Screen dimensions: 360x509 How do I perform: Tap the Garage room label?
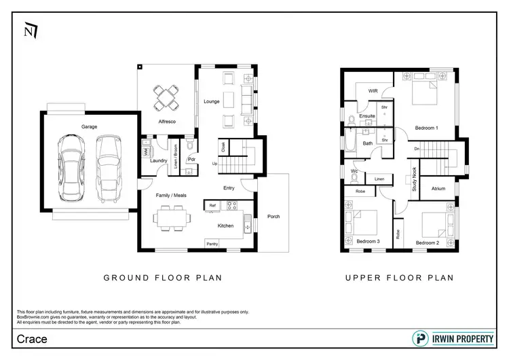[x=90, y=126]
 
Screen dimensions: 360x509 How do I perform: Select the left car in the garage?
[x=72, y=166]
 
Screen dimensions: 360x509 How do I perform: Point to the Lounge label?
[x=210, y=101]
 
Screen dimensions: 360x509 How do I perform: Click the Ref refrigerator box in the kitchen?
[x=212, y=205]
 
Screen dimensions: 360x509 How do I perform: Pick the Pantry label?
[x=212, y=243]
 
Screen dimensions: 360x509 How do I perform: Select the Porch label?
[x=274, y=217]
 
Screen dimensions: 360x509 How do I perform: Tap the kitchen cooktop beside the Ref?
[x=231, y=205]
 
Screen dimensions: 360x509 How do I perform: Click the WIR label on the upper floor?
[x=373, y=90]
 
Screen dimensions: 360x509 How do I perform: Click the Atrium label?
[x=438, y=188]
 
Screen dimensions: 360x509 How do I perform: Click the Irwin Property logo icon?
[x=420, y=338]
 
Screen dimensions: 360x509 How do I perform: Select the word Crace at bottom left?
[x=32, y=338]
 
